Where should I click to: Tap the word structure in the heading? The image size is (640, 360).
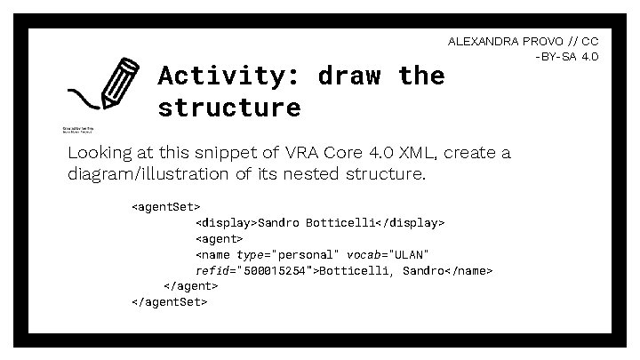coord(229,108)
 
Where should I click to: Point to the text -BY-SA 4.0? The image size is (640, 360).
coord(566,57)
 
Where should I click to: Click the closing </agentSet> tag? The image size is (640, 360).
coord(169,301)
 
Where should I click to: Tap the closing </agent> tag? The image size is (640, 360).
coord(191,285)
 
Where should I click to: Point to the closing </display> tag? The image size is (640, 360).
coord(413,222)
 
